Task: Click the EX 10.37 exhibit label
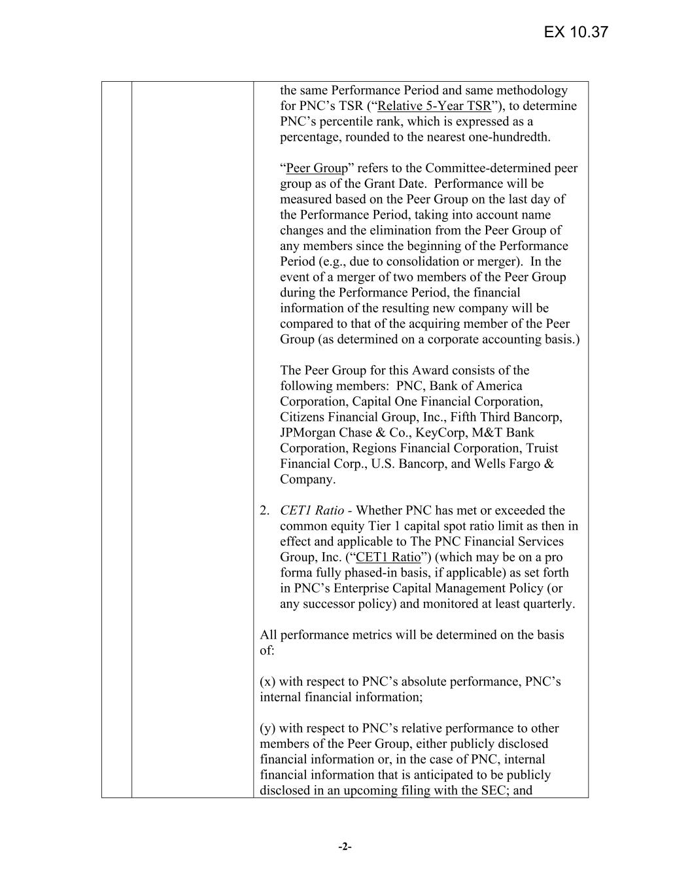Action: pos(576,32)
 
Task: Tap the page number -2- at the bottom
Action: pos(345,847)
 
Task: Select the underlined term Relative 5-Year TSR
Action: pos(434,106)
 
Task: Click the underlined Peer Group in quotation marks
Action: pos(317,168)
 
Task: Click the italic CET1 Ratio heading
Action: pos(312,510)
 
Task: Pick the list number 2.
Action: pos(264,510)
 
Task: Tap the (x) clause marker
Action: pos(268,682)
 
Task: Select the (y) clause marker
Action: pos(268,728)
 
